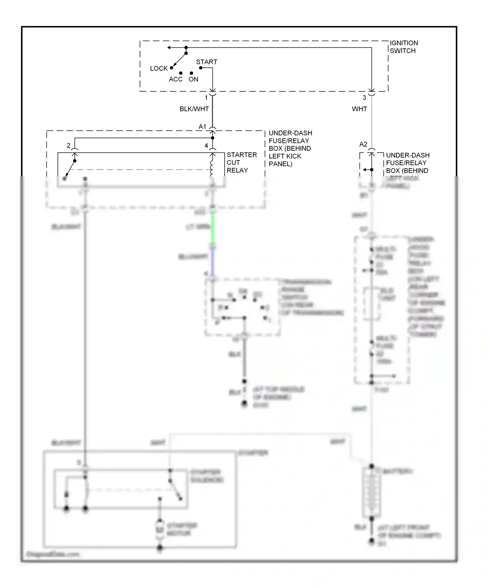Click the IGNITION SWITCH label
coord(404,47)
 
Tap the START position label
coord(206,62)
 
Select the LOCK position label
coord(159,68)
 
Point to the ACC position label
coord(176,79)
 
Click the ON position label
coord(194,79)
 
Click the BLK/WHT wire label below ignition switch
coord(194,109)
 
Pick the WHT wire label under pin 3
coord(359,109)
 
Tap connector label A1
coord(202,127)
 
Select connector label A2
coord(363,144)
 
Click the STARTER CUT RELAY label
coord(242,162)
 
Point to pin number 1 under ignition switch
coord(206,98)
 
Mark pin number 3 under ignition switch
coord(364,98)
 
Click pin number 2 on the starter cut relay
coord(69,146)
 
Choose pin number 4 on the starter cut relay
coord(206,146)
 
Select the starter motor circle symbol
coord(159,529)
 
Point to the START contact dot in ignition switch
coord(201,68)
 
